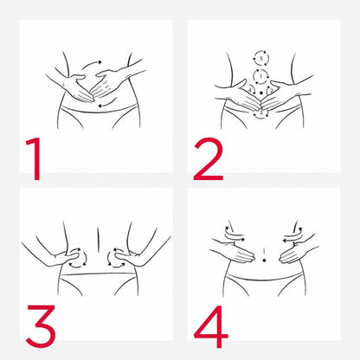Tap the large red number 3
point(41,326)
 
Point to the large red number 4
point(211,326)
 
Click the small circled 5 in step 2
point(261,59)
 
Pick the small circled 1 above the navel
point(260,77)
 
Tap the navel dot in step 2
point(261,93)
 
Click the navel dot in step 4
point(264,260)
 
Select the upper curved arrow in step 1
point(91,63)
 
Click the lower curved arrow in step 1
point(107,103)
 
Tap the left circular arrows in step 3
point(78,258)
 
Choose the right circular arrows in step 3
point(117,258)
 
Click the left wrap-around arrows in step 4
point(235,235)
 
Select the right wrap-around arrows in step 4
point(292,235)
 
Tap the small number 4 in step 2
point(250,91)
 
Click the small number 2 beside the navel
point(271,91)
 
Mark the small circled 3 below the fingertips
point(261,112)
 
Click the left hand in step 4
point(233,250)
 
